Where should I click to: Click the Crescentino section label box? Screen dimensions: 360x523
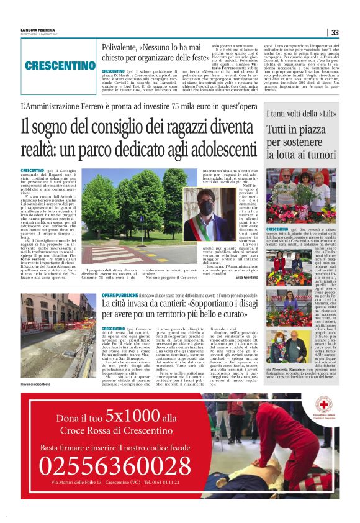[x=60, y=65]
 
